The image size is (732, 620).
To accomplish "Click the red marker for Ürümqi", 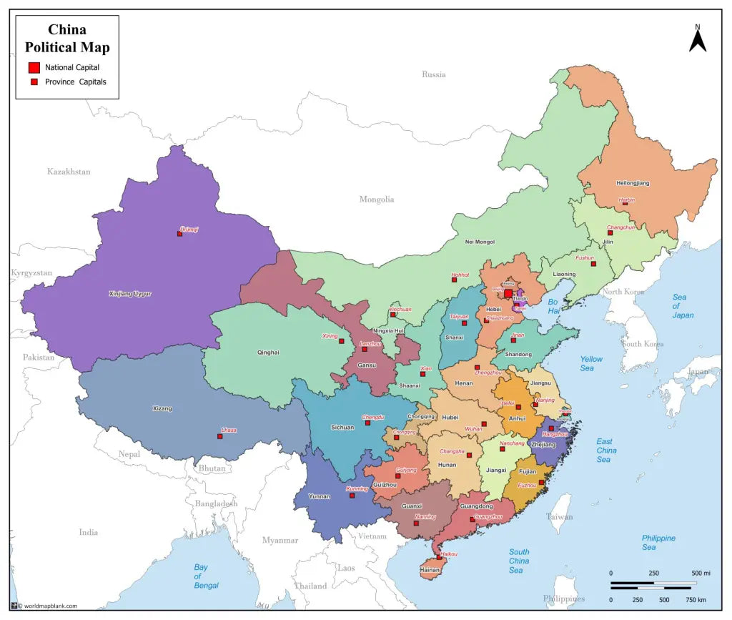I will [x=179, y=234].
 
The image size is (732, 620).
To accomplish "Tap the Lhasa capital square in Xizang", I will [x=219, y=436].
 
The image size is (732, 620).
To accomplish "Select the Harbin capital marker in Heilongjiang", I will [x=625, y=203].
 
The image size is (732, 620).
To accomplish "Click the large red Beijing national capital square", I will [x=508, y=293].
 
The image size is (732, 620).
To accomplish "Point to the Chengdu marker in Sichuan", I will [x=367, y=423].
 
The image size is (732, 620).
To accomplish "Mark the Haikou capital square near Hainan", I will [x=439, y=557].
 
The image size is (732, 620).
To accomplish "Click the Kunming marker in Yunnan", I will [x=352, y=495].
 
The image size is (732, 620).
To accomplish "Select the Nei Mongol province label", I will [x=480, y=242].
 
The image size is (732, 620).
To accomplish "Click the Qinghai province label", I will [x=268, y=353].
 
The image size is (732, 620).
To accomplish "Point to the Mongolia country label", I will [x=377, y=200].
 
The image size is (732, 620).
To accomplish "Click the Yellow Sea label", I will [x=591, y=363].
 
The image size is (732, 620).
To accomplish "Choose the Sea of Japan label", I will [x=682, y=306].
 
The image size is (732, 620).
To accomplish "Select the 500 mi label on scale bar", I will [x=701, y=574].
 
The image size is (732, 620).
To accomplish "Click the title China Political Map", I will [x=67, y=39].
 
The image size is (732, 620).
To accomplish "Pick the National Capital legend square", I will [x=34, y=67].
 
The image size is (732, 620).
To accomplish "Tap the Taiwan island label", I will [x=559, y=516].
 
